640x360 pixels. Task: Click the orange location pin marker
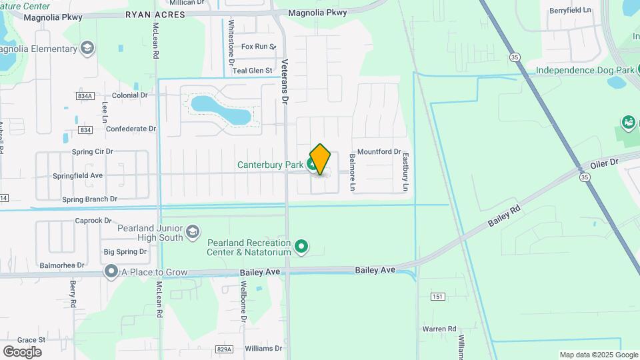pos(321,159)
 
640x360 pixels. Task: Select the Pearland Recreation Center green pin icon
pos(301,247)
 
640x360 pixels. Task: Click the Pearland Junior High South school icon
pos(193,231)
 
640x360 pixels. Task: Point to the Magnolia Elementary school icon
pos(87,49)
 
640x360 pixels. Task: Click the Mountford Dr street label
pos(379,152)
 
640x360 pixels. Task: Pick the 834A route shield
pos(85,96)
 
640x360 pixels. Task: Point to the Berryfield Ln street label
pos(570,11)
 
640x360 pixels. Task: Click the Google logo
pos(22,351)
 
